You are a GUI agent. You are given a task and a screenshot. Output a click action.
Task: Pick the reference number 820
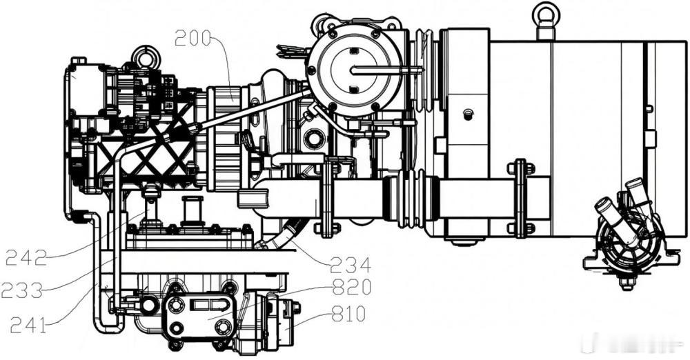[351, 288]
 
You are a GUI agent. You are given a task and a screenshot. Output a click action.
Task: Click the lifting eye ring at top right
[546, 14]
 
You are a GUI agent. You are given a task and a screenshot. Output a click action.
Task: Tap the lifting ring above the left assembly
[146, 56]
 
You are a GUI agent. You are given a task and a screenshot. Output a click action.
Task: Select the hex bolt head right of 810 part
[297, 309]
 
